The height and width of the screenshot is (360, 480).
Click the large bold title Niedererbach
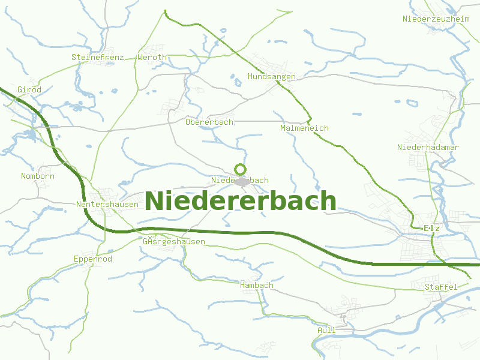pos(241,200)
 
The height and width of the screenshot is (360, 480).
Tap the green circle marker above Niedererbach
pos(241,169)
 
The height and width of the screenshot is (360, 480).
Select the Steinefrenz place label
pos(97,57)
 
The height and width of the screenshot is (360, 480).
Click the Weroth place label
pos(152,57)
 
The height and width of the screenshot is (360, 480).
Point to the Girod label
pos(29,89)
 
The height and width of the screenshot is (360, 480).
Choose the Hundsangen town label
pos(271,77)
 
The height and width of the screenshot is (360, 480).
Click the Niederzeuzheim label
pos(436,19)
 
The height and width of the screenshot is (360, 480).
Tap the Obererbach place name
pos(209,122)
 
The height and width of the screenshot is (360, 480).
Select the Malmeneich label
pos(304,128)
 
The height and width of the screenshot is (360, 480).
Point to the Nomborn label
pos(37,176)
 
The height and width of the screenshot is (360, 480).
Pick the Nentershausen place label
pos(107,204)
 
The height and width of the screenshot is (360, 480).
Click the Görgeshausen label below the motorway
pos(174,241)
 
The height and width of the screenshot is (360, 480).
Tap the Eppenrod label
pos(92,259)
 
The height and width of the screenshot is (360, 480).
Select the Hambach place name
pos(256,285)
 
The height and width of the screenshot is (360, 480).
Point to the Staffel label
pos(441,287)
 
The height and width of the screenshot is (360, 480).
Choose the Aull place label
pos(326,330)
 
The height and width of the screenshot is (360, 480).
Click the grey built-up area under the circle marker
pos(242,181)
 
